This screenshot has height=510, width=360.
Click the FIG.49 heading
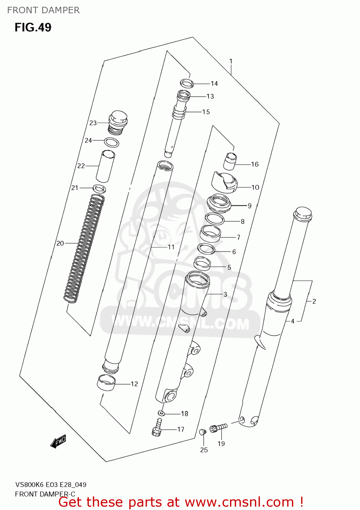point(33,27)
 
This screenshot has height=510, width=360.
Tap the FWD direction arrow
point(58,441)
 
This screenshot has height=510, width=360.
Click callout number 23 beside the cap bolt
point(93,123)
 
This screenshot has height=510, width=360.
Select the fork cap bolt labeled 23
point(118,122)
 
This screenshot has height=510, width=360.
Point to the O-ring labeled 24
point(111,142)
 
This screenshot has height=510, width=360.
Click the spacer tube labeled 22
point(105,166)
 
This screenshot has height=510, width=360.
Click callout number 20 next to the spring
point(60,243)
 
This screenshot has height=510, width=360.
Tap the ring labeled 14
point(186,83)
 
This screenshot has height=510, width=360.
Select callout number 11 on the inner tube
point(171,247)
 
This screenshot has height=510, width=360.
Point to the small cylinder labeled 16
point(230,161)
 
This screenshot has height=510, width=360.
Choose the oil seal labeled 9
point(219,203)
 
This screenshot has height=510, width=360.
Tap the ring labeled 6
point(207,249)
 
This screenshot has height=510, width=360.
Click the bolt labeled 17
point(157,427)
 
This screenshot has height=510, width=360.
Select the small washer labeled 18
point(161,413)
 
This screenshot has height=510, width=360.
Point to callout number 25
point(204,450)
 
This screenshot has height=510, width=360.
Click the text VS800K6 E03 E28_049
point(51,485)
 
